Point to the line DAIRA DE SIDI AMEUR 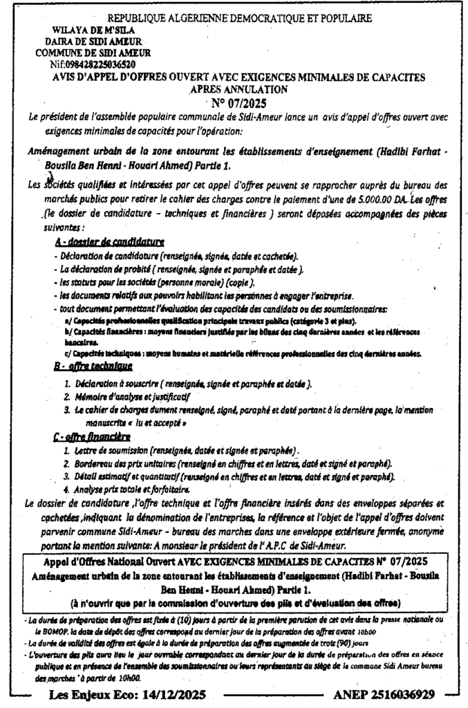click(x=95, y=41)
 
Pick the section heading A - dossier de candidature click(x=109, y=242)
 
